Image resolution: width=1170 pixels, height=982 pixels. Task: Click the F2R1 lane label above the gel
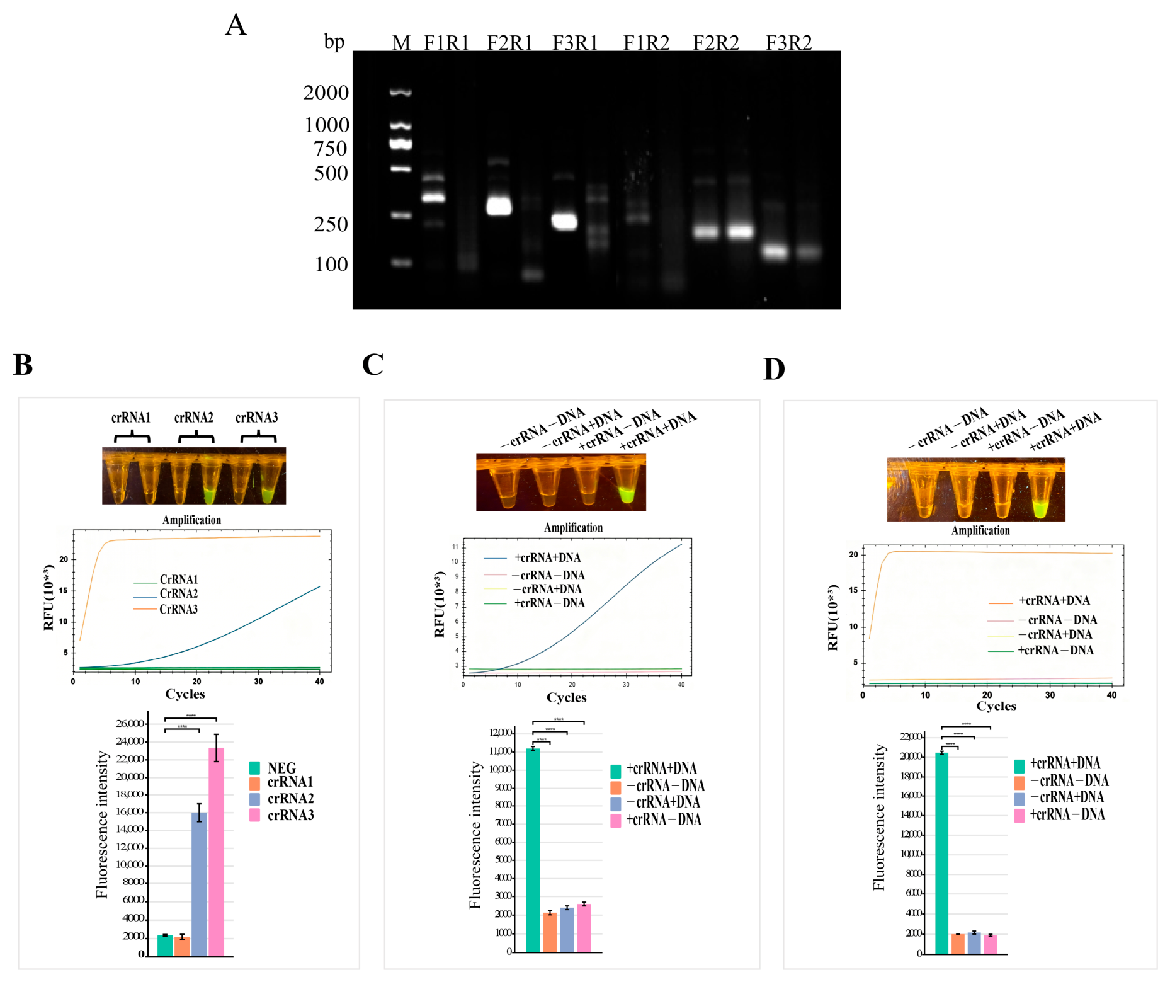[x=509, y=43]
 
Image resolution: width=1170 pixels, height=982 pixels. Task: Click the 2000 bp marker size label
[x=326, y=93]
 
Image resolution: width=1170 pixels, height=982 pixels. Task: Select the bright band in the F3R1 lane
[x=564, y=221]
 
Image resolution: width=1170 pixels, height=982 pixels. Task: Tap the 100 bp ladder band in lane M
[x=400, y=262]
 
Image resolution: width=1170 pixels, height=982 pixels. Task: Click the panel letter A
[x=236, y=26]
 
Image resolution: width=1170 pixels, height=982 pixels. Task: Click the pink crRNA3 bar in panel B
[x=216, y=850]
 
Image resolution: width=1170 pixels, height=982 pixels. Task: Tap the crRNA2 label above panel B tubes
[x=193, y=418]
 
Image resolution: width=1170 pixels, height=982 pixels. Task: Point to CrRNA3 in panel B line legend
[x=178, y=609]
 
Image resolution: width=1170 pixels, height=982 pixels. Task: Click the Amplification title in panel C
[x=573, y=527]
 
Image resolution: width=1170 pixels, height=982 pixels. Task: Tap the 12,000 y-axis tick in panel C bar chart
[x=502, y=733]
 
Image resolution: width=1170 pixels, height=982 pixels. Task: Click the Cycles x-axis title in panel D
[x=996, y=706]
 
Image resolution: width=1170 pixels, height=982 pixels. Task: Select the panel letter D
[x=774, y=369]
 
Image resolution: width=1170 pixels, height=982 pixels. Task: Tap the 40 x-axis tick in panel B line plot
[x=319, y=682]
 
